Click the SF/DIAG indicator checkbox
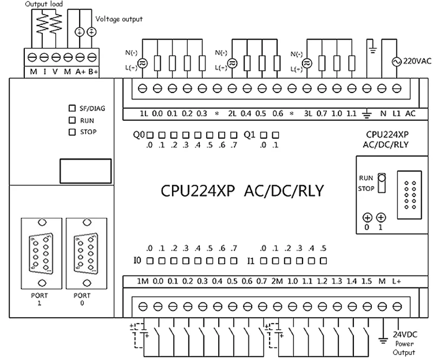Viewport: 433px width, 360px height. [71, 108]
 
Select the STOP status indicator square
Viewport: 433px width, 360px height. [71, 132]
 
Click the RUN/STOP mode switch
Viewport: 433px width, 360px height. [381, 183]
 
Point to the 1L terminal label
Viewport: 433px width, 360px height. [143, 113]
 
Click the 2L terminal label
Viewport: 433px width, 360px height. [233, 113]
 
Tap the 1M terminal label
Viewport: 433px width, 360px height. [143, 282]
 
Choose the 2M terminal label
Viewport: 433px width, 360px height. [277, 282]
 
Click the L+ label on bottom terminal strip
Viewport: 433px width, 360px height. [396, 282]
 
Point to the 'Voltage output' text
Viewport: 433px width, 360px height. [119, 19]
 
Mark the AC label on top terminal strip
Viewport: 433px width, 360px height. [410, 113]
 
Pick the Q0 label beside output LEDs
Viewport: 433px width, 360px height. [139, 134]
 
